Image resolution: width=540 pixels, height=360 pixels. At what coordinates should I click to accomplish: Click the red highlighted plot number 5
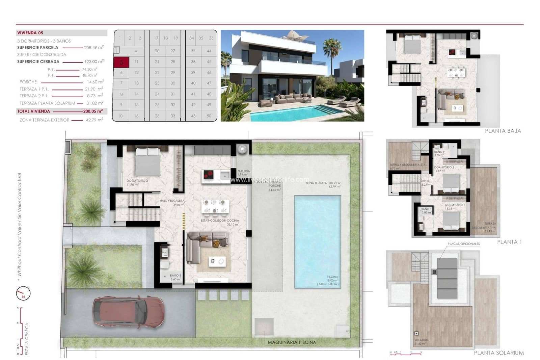coord(122,62)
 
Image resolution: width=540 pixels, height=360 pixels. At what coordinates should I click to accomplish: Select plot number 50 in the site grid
coord(209,116)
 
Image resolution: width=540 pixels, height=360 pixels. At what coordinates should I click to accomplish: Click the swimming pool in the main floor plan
coord(317,241)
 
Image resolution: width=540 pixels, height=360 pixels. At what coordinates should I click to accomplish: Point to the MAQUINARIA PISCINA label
coord(292,342)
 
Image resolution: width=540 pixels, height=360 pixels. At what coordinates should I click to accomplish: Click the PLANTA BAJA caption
coord(503,131)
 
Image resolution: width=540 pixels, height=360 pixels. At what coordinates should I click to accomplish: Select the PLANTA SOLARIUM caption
coord(499,353)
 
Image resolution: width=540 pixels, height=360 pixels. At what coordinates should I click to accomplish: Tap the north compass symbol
coord(23,293)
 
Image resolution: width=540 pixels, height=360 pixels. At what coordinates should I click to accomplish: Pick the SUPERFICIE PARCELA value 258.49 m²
coord(93,48)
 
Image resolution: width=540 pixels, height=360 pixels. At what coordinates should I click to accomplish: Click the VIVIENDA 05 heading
coord(30,33)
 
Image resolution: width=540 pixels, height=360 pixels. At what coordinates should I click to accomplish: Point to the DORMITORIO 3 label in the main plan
coord(137,181)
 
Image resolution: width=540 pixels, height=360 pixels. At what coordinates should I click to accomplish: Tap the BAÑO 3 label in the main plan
coord(175,276)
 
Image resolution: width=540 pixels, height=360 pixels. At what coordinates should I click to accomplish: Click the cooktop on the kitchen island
coord(208,175)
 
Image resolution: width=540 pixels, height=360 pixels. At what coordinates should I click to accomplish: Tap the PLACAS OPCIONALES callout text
coord(463,244)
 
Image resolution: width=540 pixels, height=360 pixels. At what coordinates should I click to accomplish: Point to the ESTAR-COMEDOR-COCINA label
coord(220,221)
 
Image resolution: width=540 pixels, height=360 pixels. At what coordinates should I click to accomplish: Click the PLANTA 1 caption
coord(509,242)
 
